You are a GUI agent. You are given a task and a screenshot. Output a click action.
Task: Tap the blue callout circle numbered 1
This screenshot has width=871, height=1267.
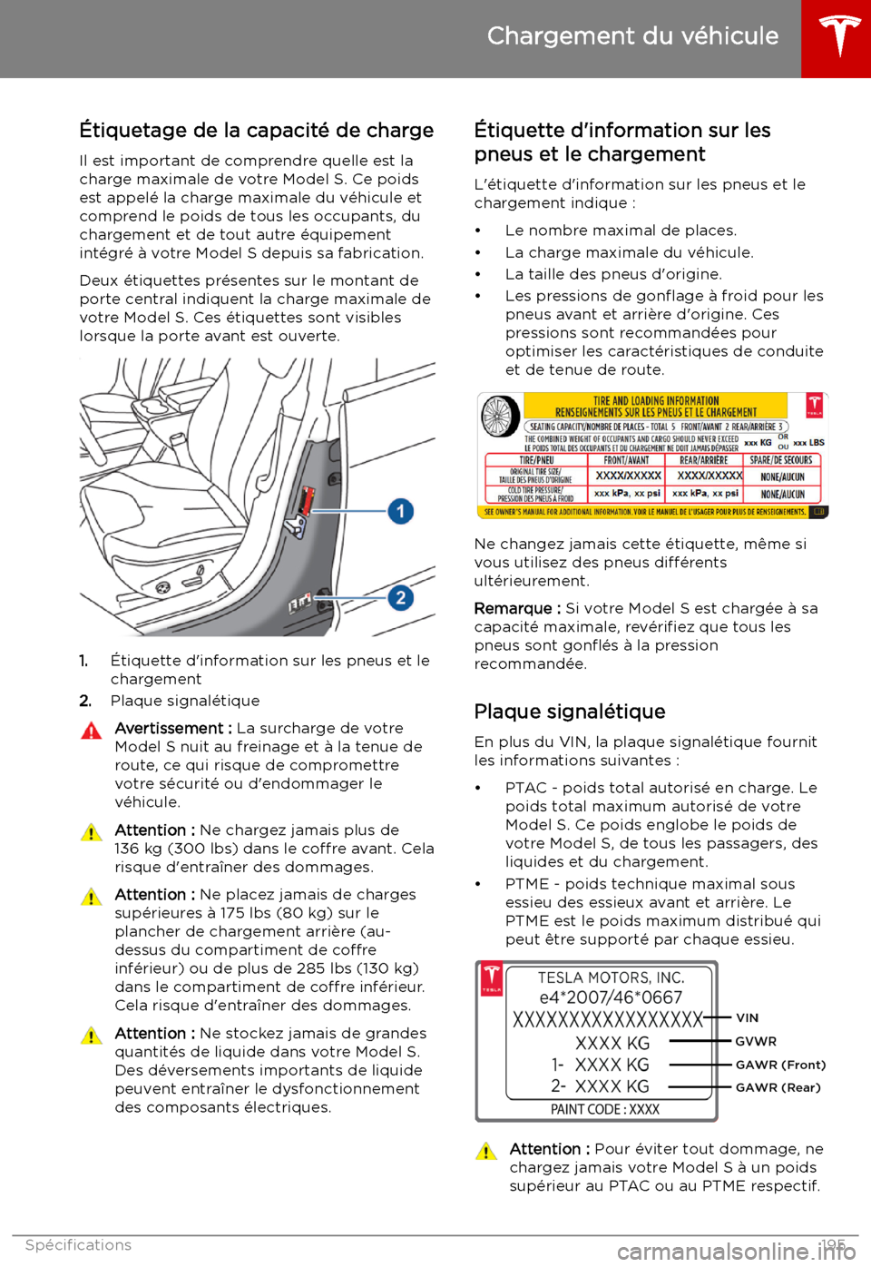(400, 512)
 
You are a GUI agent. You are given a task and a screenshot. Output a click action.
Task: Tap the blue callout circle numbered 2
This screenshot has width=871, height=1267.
(400, 597)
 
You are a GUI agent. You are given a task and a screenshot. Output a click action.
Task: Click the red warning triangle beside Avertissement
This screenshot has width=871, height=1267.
(91, 731)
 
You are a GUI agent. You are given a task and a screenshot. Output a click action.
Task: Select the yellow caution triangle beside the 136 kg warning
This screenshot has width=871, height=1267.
(91, 832)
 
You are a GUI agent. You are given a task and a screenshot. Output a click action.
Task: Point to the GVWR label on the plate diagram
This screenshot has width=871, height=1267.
(756, 1042)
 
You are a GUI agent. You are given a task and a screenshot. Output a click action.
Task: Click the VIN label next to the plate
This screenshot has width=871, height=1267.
(748, 1018)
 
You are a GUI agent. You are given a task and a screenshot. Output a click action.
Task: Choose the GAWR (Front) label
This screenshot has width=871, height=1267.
(780, 1066)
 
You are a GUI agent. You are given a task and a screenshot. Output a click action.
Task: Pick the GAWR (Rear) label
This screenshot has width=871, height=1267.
(778, 1087)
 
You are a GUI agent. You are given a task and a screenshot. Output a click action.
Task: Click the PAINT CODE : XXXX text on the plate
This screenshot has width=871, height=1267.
(605, 1109)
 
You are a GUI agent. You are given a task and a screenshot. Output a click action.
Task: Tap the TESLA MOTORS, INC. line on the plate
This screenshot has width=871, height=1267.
(611, 977)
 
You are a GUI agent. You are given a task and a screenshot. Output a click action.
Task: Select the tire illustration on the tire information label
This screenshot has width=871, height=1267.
(498, 417)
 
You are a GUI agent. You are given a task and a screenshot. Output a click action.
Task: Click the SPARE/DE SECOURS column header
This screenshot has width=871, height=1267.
(780, 460)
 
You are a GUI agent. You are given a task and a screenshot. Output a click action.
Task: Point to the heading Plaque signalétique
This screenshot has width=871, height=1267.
(570, 712)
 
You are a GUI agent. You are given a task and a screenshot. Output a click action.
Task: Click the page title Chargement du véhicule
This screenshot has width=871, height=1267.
(632, 36)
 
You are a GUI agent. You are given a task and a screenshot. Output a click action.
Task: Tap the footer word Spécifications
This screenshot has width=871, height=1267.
(78, 1245)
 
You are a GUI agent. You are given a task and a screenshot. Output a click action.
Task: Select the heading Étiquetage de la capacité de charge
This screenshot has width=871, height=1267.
(256, 131)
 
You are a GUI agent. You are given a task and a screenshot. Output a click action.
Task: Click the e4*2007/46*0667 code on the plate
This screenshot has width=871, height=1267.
(611, 997)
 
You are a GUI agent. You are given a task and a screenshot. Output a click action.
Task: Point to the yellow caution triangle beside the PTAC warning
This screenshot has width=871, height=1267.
(485, 1152)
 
